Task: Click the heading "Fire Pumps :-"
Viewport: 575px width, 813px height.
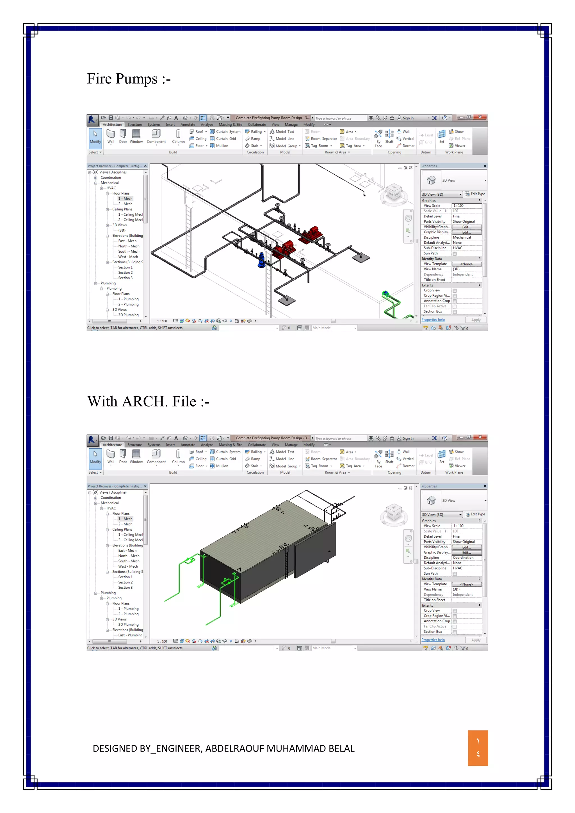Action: coord(129,79)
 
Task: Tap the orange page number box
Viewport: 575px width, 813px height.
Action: coord(478,748)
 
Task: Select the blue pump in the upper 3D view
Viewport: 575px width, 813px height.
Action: coord(261,260)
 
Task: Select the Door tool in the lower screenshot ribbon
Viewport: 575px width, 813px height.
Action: coord(123,456)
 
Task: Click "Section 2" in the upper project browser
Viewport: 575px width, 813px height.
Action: coord(125,273)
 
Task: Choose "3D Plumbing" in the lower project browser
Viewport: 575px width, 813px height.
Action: coord(128,624)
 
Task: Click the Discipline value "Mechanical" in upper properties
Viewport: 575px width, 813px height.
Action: coord(462,237)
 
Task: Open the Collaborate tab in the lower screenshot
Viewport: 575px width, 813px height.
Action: coord(257,445)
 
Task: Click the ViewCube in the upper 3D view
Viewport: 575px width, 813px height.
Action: coord(394,193)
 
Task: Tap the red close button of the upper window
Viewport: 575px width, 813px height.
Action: coord(480,117)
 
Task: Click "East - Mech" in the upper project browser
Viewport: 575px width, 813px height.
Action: coord(127,241)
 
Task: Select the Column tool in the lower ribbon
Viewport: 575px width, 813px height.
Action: coord(178,456)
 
